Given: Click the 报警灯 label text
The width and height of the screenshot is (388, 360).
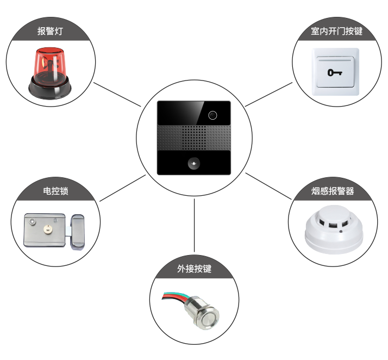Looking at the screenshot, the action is (50, 31).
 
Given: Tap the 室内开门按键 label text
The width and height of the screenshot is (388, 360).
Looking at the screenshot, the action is (337, 31).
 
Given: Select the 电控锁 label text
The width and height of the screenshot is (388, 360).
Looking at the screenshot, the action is (55, 191).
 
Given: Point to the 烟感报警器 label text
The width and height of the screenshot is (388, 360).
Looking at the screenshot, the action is (333, 191).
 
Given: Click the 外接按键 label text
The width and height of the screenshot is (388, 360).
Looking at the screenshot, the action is (194, 269).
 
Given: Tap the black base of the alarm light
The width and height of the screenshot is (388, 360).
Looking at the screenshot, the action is (50, 88).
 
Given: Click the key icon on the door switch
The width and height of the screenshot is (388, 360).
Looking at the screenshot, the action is (335, 72).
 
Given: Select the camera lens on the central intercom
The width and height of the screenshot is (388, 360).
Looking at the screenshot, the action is (212, 115).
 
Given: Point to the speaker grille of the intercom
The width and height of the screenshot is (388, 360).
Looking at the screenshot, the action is (194, 138).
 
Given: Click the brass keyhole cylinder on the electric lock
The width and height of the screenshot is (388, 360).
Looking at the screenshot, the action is (47, 230).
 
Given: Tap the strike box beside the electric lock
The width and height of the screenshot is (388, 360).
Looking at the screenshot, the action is (78, 232).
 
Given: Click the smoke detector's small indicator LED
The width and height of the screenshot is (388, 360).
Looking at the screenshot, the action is (341, 232).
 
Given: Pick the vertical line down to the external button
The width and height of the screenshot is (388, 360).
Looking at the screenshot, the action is (194, 225).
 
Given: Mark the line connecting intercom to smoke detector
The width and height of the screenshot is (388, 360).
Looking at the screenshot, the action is (268, 186).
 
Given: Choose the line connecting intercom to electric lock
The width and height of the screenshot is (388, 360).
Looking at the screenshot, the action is (122, 188).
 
